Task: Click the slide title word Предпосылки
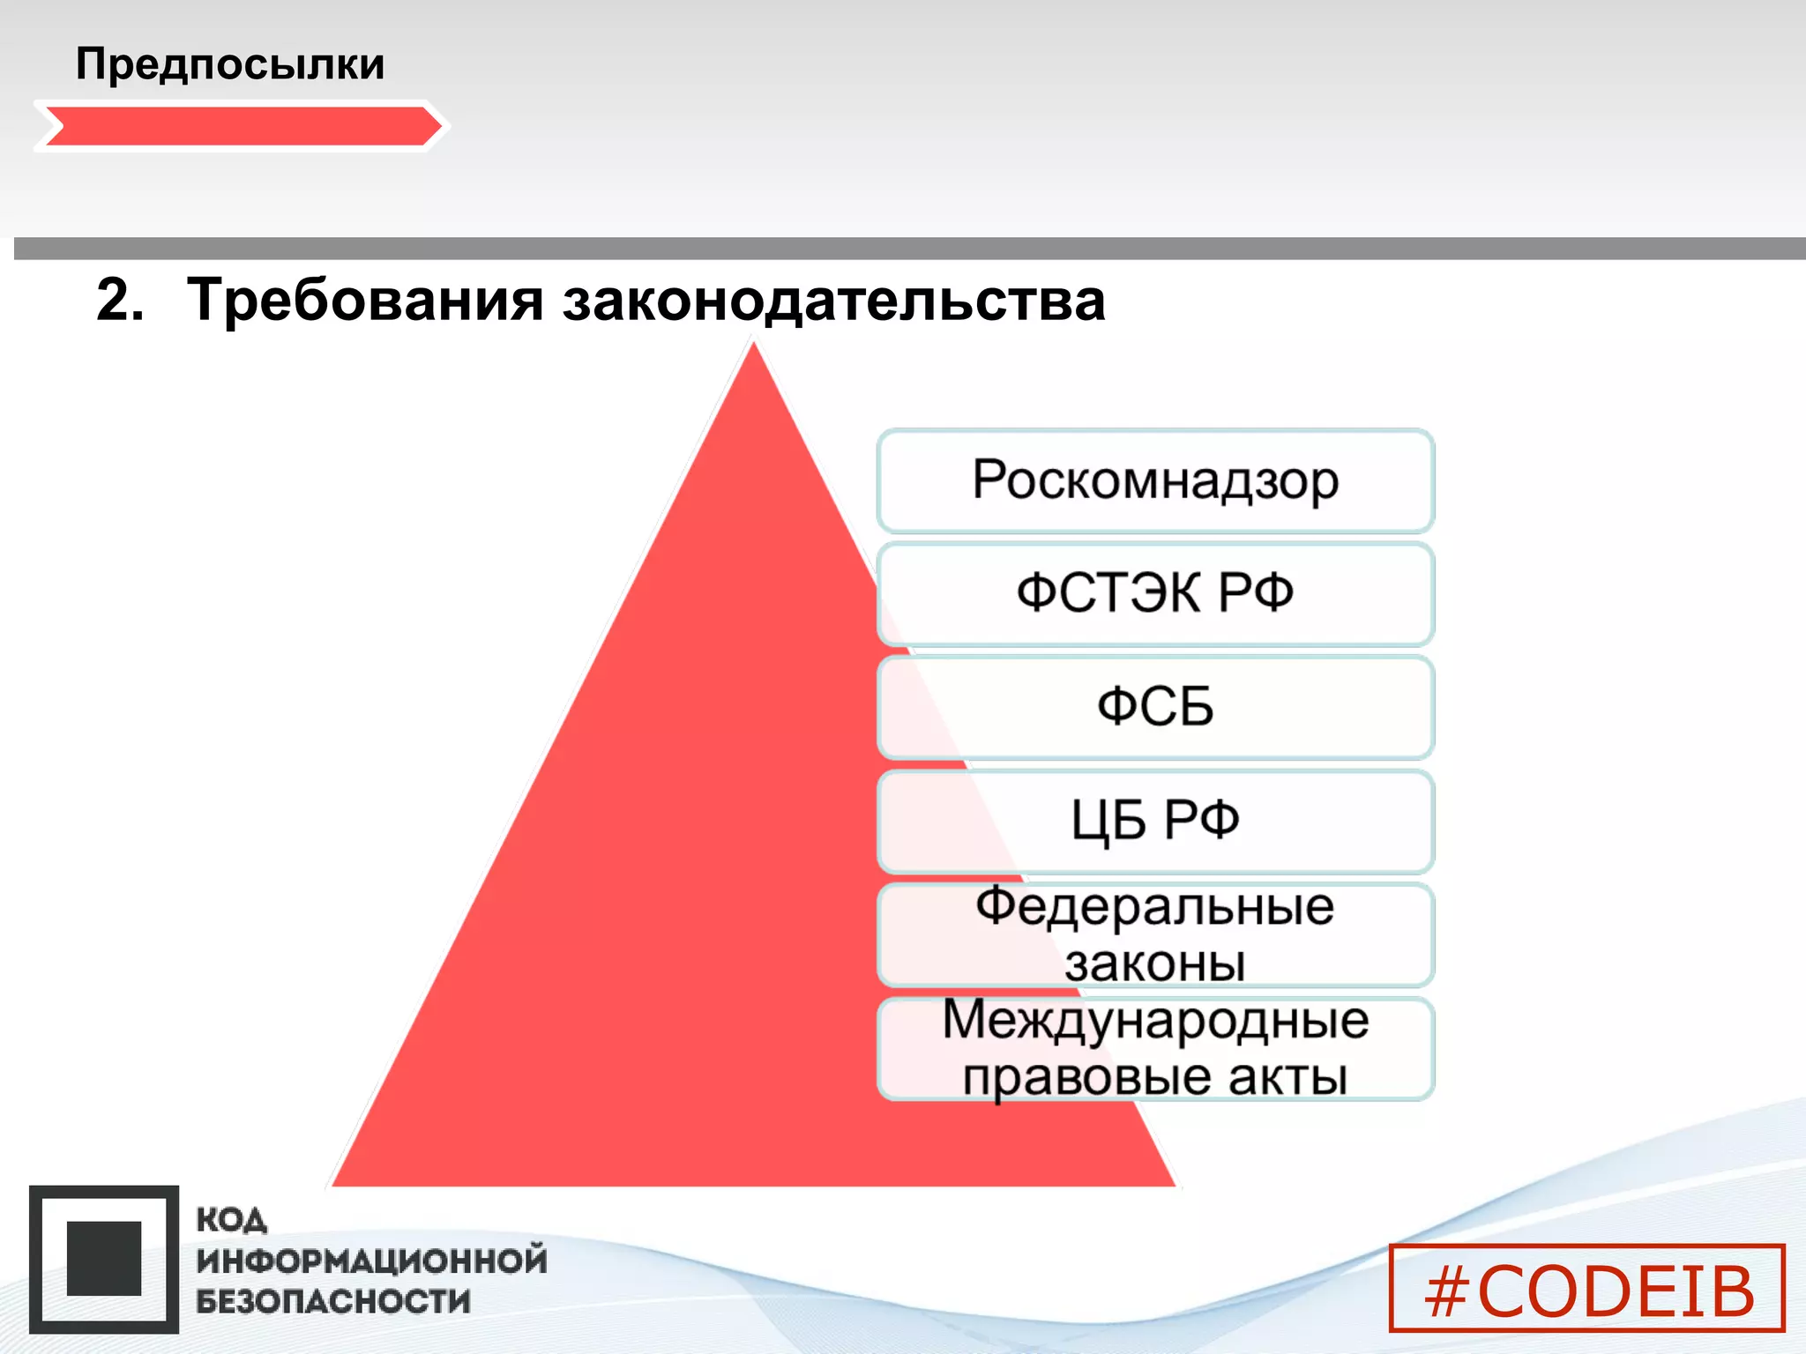[x=230, y=64]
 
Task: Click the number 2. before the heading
[x=120, y=300]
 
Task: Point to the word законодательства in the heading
[x=833, y=300]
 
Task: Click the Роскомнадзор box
[x=1155, y=481]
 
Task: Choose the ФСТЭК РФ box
[x=1155, y=594]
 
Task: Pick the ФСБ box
[x=1155, y=707]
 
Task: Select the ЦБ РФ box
[x=1155, y=821]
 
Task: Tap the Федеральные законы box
[x=1155, y=934]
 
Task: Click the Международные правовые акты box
[x=1155, y=1048]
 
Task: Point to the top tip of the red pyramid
[x=754, y=348]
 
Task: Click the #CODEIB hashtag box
[x=1587, y=1288]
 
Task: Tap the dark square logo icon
[x=104, y=1259]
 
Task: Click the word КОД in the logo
[x=231, y=1221]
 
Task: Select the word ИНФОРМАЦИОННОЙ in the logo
[x=371, y=1261]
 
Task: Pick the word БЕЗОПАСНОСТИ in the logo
[x=333, y=1301]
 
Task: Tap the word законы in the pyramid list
[x=1155, y=963]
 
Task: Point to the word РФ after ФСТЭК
[x=1256, y=592]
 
